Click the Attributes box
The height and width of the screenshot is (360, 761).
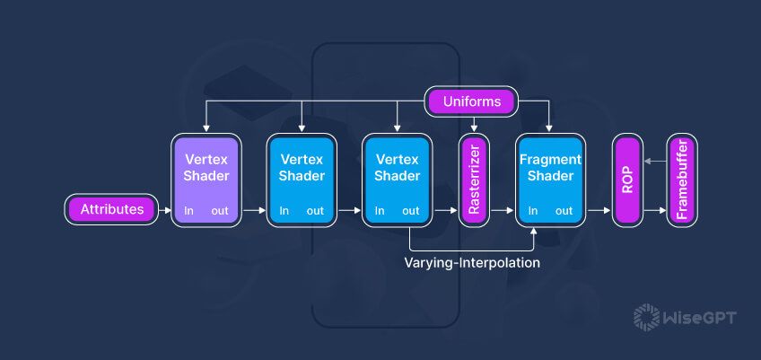pos(112,210)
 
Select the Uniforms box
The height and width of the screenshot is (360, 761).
pos(472,101)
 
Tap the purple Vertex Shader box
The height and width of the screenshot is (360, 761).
pos(206,180)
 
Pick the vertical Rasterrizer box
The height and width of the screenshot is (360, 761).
pos(474,180)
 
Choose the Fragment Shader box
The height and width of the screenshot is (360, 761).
pos(550,180)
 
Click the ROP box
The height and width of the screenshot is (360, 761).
pos(627,180)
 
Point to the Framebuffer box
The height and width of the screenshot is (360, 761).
pos(681,180)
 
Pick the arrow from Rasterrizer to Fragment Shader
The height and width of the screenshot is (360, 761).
pos(503,211)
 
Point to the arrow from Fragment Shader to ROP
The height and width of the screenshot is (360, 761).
pos(599,211)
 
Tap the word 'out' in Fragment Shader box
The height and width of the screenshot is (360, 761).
pos(564,211)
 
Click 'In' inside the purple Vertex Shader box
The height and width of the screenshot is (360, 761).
pos(188,211)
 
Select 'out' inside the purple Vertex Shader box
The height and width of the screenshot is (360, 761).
pos(220,211)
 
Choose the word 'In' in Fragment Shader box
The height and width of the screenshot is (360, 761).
pos(534,211)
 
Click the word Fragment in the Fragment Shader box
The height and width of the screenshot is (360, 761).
pos(550,159)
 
